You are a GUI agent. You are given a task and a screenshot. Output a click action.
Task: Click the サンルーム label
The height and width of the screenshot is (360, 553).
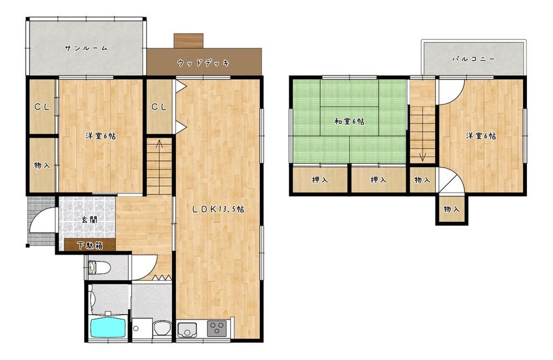(x=86, y=48)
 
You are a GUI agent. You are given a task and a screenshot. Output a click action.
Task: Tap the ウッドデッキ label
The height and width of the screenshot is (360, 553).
(x=204, y=63)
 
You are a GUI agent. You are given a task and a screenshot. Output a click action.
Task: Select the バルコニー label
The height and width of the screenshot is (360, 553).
(x=474, y=59)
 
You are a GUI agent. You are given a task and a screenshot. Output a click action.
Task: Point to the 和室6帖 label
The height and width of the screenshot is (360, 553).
(x=349, y=122)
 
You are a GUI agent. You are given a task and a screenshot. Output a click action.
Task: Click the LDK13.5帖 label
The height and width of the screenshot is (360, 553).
(x=218, y=209)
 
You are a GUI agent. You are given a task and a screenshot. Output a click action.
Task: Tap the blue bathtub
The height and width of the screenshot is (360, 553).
(x=108, y=327)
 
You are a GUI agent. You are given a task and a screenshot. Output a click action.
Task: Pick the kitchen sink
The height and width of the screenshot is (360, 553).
(x=187, y=330)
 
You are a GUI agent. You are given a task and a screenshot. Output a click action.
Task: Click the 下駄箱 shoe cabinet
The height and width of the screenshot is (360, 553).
(x=90, y=245)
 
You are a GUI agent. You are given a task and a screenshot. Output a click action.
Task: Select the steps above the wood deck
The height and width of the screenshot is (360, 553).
(x=189, y=41)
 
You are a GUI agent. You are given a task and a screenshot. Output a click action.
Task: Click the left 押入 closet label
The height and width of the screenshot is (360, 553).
(x=320, y=180)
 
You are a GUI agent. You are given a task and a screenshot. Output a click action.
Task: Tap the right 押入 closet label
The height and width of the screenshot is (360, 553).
(x=378, y=180)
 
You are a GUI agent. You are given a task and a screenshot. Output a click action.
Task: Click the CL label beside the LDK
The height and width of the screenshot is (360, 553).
(x=159, y=107)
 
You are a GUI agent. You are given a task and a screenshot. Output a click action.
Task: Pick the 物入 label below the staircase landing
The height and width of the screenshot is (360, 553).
(x=422, y=180)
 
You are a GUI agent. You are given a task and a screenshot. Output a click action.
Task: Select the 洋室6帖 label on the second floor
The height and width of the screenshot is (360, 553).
(x=481, y=135)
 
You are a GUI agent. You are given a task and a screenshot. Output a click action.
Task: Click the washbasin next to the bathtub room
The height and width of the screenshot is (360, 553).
(x=162, y=328)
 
